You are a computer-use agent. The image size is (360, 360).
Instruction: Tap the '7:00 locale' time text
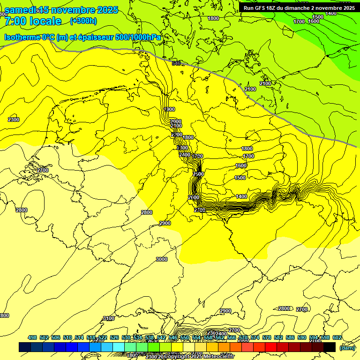[x=33, y=21]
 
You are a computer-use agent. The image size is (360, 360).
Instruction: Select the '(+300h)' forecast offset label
[x=83, y=21]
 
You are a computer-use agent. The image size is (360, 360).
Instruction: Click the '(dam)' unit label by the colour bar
[x=347, y=347]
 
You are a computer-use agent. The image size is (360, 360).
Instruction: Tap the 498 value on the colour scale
[x=32, y=337]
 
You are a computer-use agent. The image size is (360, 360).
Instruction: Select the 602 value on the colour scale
[x=337, y=337]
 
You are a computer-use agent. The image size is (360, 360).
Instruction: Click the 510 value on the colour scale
[x=67, y=337]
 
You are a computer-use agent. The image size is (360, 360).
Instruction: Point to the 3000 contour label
[x=162, y=259]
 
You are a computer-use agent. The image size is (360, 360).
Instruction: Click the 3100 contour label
[x=108, y=319]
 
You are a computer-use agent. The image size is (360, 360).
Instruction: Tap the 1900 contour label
[x=170, y=109]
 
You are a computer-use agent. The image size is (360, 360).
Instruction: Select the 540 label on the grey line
[x=176, y=63]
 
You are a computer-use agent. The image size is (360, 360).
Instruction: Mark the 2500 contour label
[x=198, y=174]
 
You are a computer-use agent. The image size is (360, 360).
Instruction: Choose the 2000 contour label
[x=176, y=121]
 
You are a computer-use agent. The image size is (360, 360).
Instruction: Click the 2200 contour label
[x=177, y=135]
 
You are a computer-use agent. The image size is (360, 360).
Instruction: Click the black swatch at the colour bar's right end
[x=330, y=347]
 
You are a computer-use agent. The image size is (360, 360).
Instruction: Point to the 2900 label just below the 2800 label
[x=165, y=224]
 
